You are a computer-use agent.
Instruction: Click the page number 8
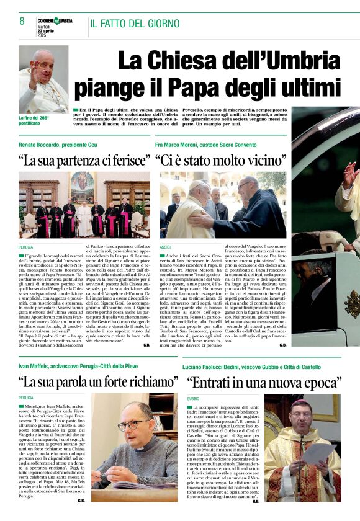[x=22, y=22]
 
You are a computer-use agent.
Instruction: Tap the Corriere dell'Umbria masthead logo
[x=55, y=21]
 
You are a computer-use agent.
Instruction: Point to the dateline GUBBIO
[x=193, y=398]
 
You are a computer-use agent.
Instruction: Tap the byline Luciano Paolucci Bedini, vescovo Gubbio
[x=251, y=366]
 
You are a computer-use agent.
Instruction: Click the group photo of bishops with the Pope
[x=84, y=205]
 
